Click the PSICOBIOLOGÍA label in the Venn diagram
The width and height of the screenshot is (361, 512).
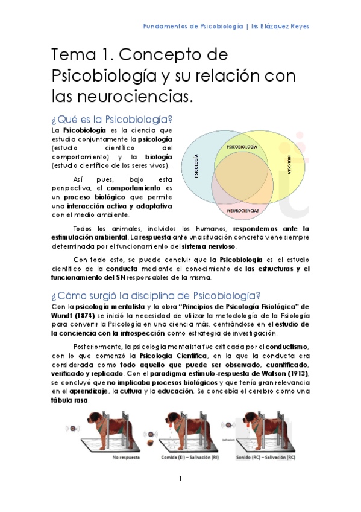click(x=241, y=147)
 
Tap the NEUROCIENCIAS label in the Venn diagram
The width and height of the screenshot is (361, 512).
click(x=243, y=211)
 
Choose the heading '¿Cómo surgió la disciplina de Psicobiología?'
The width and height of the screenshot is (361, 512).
click(x=155, y=295)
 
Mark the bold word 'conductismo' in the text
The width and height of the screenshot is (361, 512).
click(x=283, y=346)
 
